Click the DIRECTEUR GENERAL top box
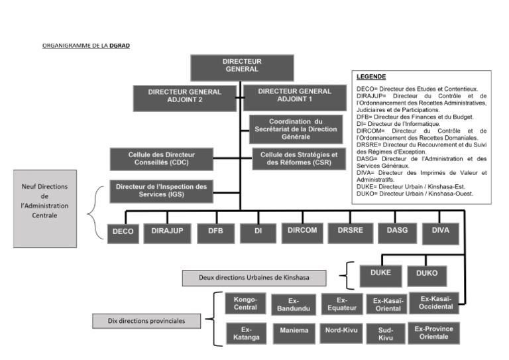(x=242, y=66)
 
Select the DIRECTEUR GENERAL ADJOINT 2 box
(x=184, y=97)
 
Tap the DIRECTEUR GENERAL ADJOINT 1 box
(x=294, y=96)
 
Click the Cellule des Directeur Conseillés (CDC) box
(x=161, y=158)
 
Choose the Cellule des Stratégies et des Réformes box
(x=295, y=159)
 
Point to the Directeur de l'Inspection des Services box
(x=161, y=190)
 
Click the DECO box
(x=123, y=231)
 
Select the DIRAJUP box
(x=167, y=231)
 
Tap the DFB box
(x=215, y=231)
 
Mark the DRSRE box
(x=350, y=231)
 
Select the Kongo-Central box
(x=245, y=304)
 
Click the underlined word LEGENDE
(x=371, y=77)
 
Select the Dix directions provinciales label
(x=146, y=322)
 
